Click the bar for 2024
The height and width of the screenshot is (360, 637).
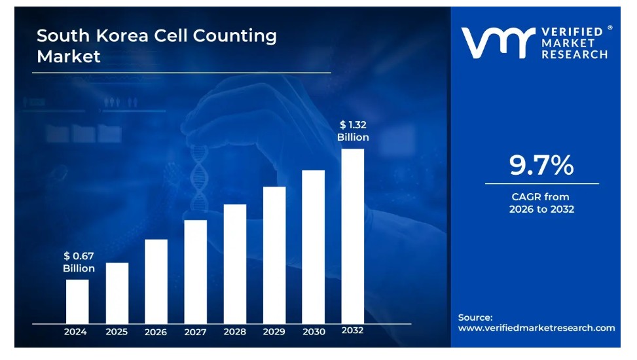(x=77, y=301)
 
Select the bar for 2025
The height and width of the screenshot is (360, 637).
(x=117, y=293)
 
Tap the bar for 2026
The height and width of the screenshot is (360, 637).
(x=156, y=281)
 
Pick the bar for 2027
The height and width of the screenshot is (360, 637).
(x=195, y=271)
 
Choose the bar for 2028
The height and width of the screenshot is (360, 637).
(x=234, y=263)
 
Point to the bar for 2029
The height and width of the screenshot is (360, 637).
(x=274, y=255)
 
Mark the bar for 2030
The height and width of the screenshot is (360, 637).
(x=313, y=246)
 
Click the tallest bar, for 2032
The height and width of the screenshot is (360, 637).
(x=353, y=236)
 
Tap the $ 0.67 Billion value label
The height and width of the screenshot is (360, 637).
(x=79, y=262)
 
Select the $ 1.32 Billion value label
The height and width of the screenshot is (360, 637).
(x=353, y=131)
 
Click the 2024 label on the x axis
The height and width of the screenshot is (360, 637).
(x=75, y=332)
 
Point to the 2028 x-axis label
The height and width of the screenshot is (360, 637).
(x=234, y=332)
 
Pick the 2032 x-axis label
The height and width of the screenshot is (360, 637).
(x=353, y=331)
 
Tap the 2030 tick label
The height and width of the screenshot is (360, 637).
(x=314, y=332)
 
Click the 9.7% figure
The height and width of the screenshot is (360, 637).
(x=541, y=166)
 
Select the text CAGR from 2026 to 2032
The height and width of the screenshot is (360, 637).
(x=541, y=203)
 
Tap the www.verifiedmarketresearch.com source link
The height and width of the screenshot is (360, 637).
(x=536, y=328)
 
